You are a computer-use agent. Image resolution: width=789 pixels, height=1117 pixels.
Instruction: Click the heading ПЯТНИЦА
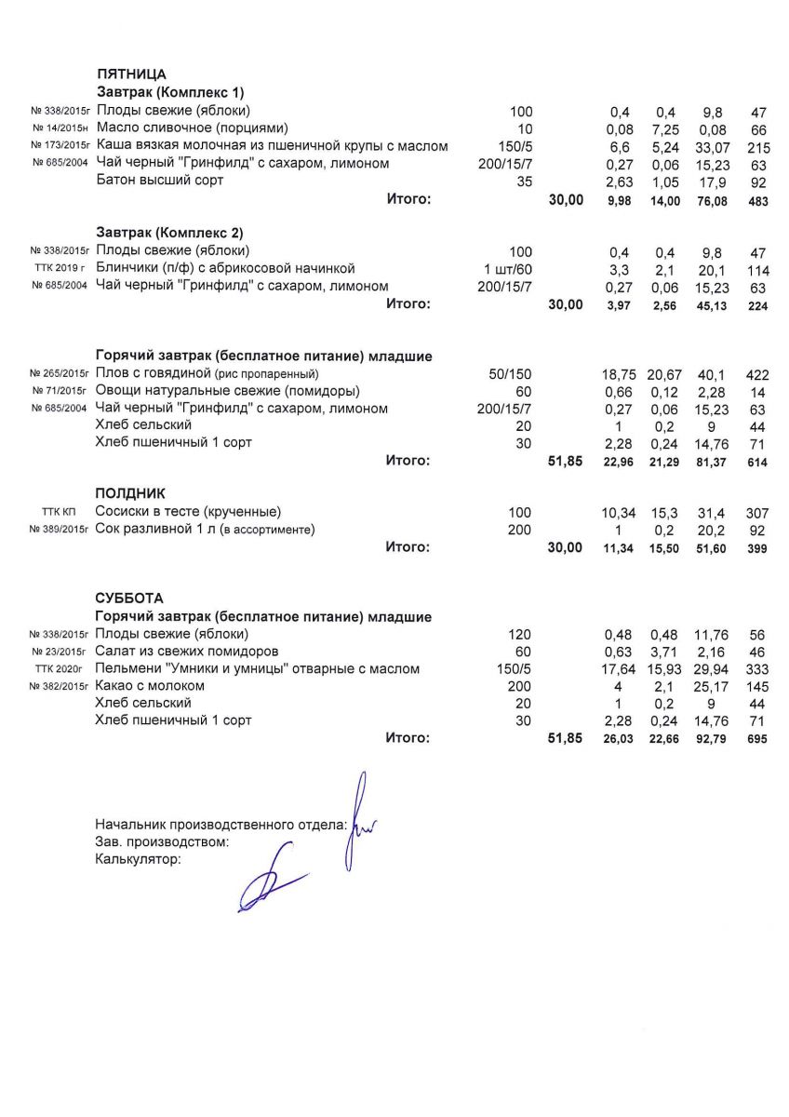131,74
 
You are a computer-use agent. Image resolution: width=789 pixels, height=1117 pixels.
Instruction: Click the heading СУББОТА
129,598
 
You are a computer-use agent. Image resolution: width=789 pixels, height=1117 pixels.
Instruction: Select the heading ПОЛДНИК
130,493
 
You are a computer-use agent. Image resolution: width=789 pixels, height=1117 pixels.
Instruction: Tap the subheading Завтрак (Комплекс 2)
170,233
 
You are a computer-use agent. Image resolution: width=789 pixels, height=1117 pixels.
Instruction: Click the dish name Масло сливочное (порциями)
193,128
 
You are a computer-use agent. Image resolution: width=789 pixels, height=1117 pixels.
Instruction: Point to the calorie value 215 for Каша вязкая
757,146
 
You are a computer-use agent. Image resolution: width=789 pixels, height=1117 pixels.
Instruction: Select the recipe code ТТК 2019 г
60,269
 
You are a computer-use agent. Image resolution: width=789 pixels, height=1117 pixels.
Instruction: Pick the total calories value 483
757,200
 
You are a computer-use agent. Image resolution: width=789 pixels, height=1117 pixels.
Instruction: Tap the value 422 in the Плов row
757,373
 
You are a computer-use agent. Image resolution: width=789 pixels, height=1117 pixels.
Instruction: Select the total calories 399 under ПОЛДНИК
757,549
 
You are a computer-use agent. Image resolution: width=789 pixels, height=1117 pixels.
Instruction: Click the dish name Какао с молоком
150,686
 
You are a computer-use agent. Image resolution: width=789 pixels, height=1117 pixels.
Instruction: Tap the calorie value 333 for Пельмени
757,668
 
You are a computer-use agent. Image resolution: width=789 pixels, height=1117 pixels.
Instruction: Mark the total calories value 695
757,739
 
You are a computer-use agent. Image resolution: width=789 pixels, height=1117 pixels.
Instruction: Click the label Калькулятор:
139,860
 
